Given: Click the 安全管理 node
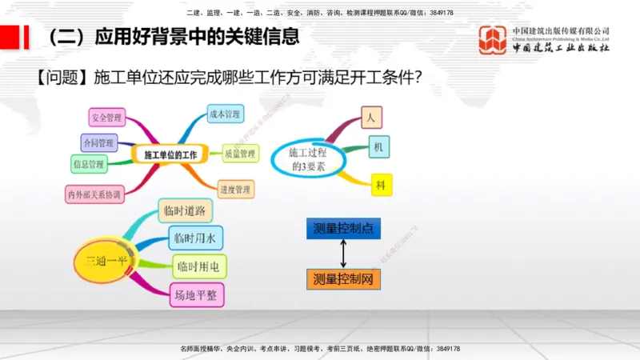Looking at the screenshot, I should pos(106,118).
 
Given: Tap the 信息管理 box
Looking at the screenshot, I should pos(88,165).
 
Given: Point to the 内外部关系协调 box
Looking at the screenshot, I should pos(94,194).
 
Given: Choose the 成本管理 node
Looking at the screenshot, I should pos(224,114).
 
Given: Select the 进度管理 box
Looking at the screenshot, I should pos(236,190).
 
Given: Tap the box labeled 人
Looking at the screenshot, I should pos(370,117).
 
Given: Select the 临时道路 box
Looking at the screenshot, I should pos(185,210).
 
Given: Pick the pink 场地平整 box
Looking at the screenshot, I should pos(196,295).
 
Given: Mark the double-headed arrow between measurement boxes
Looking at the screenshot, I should pos(343,254).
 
